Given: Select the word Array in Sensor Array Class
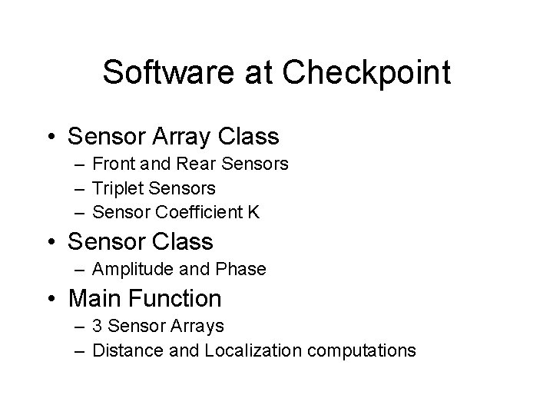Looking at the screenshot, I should tap(184, 137).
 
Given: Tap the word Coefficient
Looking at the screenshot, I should tap(202, 211).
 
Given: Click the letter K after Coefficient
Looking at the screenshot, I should tap(253, 211).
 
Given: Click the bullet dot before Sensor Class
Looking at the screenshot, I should tap(51, 242).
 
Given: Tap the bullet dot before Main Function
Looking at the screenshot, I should tap(51, 299).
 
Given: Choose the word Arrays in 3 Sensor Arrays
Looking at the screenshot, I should tap(197, 326).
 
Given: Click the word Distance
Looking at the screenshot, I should tap(124, 350).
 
